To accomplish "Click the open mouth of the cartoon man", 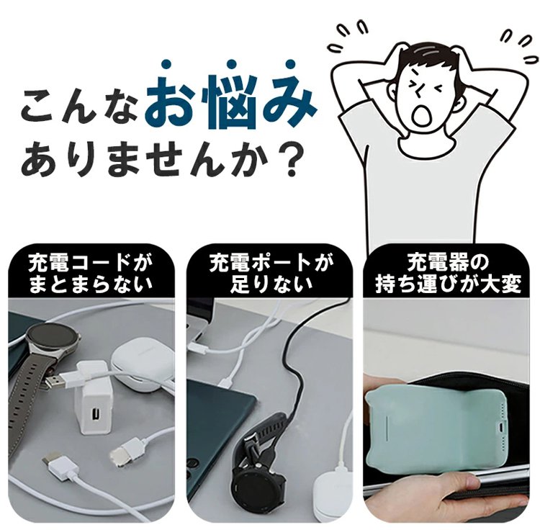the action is (x=421, y=114).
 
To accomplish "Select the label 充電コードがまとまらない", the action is (x=90, y=275).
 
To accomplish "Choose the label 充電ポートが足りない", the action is (x=270, y=275).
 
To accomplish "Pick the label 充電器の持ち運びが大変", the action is (x=449, y=275).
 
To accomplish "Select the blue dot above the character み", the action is (x=290, y=64).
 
